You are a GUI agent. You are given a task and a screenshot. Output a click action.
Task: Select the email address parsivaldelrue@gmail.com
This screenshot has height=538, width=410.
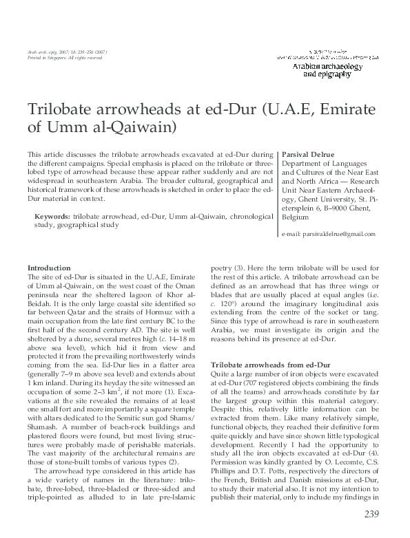pos(329,234)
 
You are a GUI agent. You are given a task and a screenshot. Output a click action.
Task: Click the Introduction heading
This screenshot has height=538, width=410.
pos(48,268)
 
